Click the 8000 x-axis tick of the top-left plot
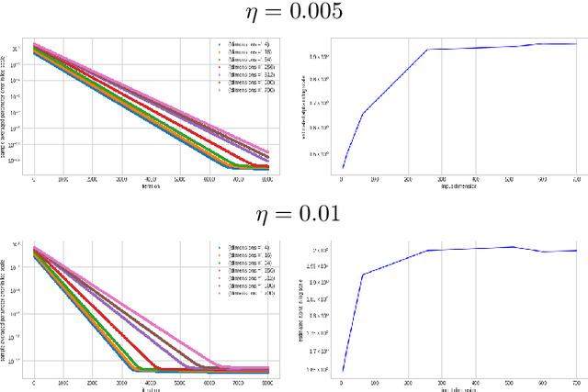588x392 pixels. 267,180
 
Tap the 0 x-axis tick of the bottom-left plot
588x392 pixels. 34,382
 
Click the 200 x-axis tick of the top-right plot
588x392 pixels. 406,180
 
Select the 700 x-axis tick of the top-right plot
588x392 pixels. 574,180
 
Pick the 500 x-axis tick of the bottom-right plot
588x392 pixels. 507,382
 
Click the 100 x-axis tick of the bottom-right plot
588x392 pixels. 373,382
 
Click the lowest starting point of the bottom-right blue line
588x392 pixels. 340,371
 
